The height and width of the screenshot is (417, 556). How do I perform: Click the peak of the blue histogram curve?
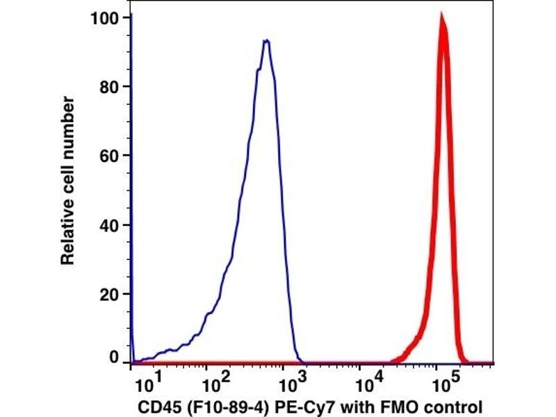[x=265, y=40]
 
